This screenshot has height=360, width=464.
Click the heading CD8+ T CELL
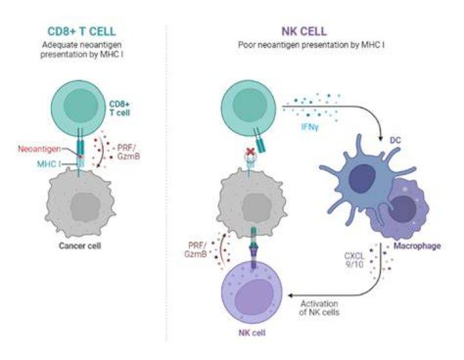tap(82, 32)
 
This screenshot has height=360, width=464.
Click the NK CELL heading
tap(304, 32)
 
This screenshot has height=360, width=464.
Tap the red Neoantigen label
tap(39, 149)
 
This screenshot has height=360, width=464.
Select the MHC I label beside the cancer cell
tap(49, 164)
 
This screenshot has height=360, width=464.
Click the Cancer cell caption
tap(80, 246)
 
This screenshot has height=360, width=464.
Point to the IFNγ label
tap(310, 128)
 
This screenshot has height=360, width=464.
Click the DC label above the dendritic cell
tap(395, 140)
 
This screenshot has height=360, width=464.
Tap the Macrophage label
tap(417, 246)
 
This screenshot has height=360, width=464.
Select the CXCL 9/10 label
tap(354, 260)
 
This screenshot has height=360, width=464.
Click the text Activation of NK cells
tap(319, 308)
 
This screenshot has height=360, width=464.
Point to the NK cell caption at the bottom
tap(252, 333)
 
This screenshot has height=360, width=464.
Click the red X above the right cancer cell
tap(251, 152)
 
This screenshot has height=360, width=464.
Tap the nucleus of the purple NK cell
tap(254, 297)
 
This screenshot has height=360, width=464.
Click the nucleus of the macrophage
tap(402, 209)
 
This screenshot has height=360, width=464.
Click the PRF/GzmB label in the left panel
tap(128, 152)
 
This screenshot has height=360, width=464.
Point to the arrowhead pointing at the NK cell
tap(291, 295)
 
